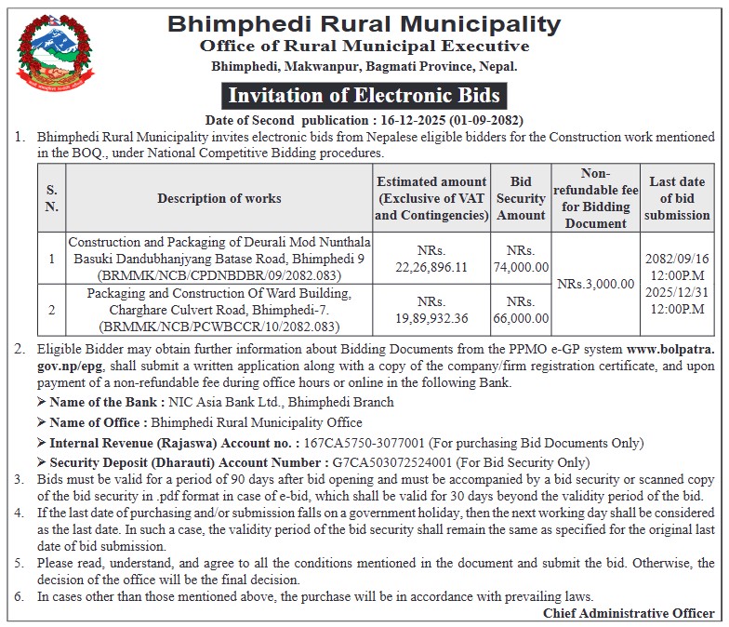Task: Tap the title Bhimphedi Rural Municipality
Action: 364,22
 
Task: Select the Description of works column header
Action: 219,198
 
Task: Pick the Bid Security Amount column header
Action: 522,198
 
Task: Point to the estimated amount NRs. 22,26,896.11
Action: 431,259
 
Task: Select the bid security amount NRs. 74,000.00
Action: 522,259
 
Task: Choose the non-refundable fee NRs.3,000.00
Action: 596,284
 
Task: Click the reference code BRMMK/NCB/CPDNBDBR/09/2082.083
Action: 219,275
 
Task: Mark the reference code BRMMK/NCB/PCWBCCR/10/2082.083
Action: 219,327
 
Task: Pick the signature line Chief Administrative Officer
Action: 629,613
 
